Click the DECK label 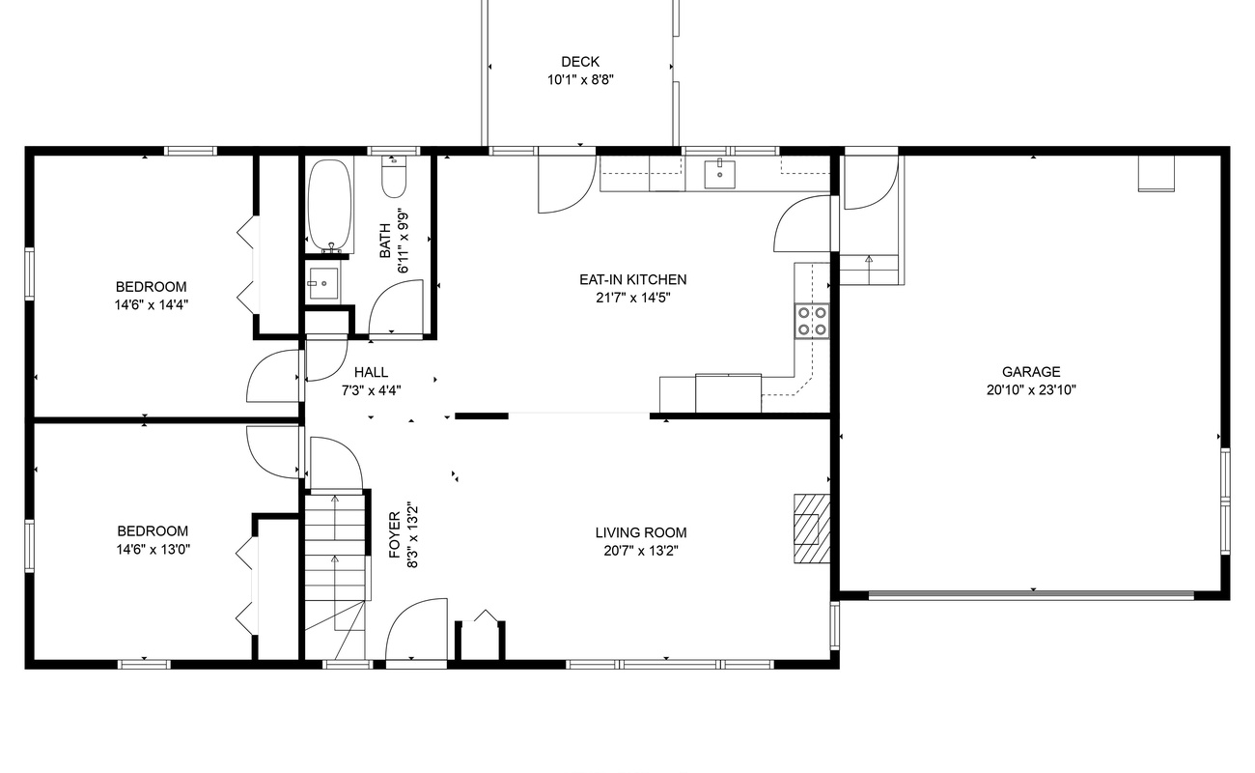[x=580, y=62]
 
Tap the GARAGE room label [x=1031, y=372]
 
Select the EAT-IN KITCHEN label [x=632, y=279]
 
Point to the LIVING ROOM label [x=641, y=532]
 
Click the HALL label [x=371, y=372]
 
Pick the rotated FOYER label [x=395, y=534]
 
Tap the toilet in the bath [x=394, y=177]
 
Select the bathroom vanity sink [x=323, y=283]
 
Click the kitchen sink [x=719, y=174]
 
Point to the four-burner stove [x=812, y=321]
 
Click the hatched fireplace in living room [x=811, y=528]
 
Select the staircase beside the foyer [x=335, y=573]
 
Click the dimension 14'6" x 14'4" [x=152, y=305]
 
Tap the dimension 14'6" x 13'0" [x=153, y=549]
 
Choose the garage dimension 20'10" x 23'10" [x=1031, y=389]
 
